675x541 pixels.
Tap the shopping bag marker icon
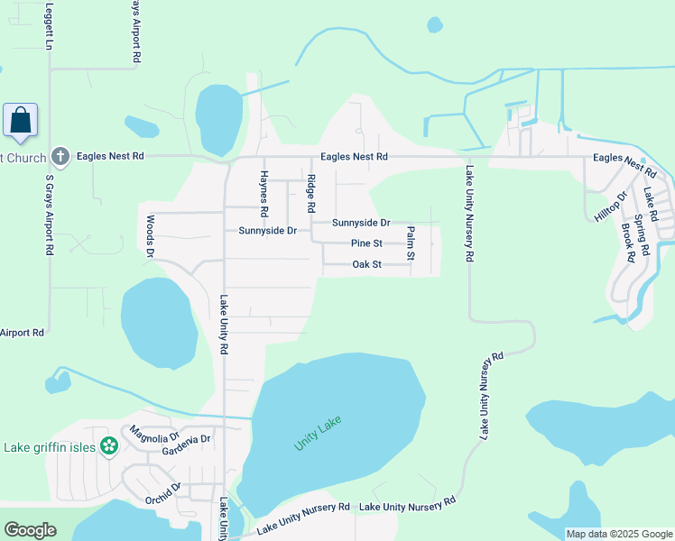[20, 120]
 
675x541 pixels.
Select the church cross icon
[60, 157]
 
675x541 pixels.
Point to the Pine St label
[366, 243]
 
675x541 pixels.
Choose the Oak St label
[366, 264]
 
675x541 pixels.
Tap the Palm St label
[411, 243]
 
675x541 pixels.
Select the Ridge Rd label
[311, 193]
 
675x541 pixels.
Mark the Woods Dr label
[151, 236]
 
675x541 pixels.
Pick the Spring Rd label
[642, 233]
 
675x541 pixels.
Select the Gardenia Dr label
[186, 444]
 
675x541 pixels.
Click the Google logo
[30, 530]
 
